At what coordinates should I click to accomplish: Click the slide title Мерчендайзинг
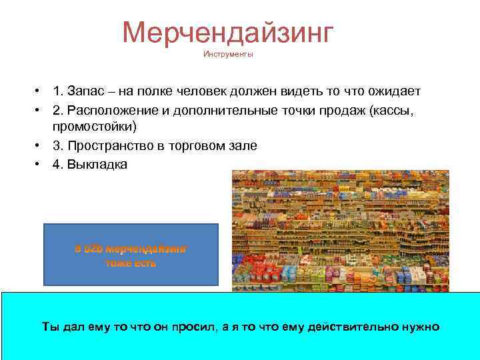pyautogui.click(x=227, y=32)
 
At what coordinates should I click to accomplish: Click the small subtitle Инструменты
pyautogui.click(x=228, y=55)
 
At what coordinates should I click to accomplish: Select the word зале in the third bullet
pyautogui.click(x=243, y=145)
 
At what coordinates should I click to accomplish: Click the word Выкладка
pyautogui.click(x=97, y=163)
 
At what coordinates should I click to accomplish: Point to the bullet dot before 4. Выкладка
pyautogui.click(x=39, y=163)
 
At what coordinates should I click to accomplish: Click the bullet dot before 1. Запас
pyautogui.click(x=39, y=91)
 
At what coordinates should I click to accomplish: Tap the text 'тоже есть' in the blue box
pyautogui.click(x=131, y=263)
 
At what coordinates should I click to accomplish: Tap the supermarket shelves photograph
pyautogui.click(x=340, y=231)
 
